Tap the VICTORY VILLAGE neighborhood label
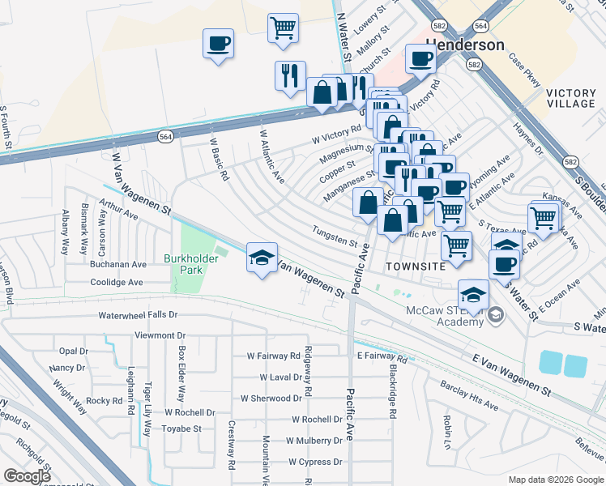(570, 99)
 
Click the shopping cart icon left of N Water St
(283, 28)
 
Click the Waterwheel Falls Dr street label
(138, 314)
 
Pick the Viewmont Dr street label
(160, 335)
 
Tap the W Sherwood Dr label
(271, 399)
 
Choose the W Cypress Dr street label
(315, 462)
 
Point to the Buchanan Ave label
(118, 264)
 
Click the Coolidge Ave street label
(116, 283)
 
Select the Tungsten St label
(335, 241)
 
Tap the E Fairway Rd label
(380, 356)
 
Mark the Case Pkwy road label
(523, 68)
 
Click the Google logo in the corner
(28, 476)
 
